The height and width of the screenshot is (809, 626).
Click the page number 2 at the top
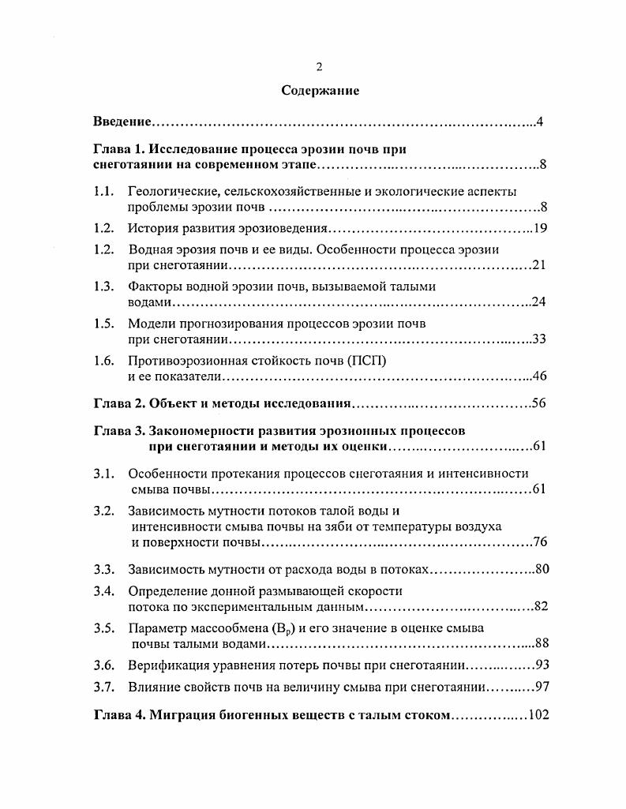point(319,67)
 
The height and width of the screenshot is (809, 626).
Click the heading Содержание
point(320,91)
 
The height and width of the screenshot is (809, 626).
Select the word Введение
point(122,122)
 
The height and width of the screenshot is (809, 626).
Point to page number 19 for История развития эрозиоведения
point(541,229)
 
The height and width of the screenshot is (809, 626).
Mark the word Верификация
point(164,665)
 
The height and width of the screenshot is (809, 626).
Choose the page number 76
point(541,541)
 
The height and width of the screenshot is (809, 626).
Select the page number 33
point(541,339)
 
